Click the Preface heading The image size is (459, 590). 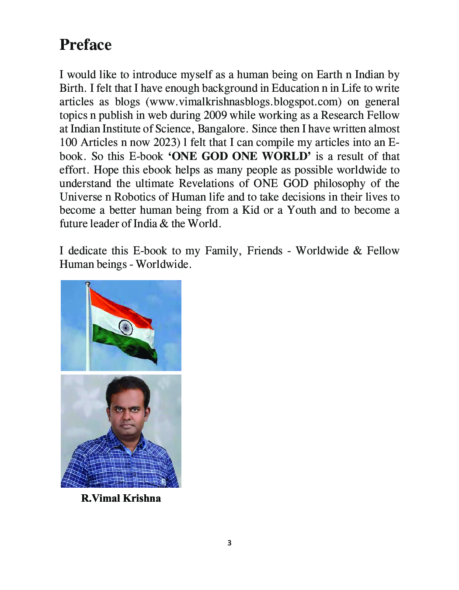click(86, 45)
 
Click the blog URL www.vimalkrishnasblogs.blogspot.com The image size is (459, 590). click(243, 102)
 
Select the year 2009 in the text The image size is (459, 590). click(215, 115)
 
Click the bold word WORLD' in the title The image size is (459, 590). click(286, 156)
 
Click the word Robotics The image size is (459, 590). click(135, 197)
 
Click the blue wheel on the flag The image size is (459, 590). click(126, 327)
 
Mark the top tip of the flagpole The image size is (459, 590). click(88, 284)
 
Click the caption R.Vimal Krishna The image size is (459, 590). click(121, 498)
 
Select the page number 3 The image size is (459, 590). click(229, 543)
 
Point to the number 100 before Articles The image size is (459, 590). click(68, 142)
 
